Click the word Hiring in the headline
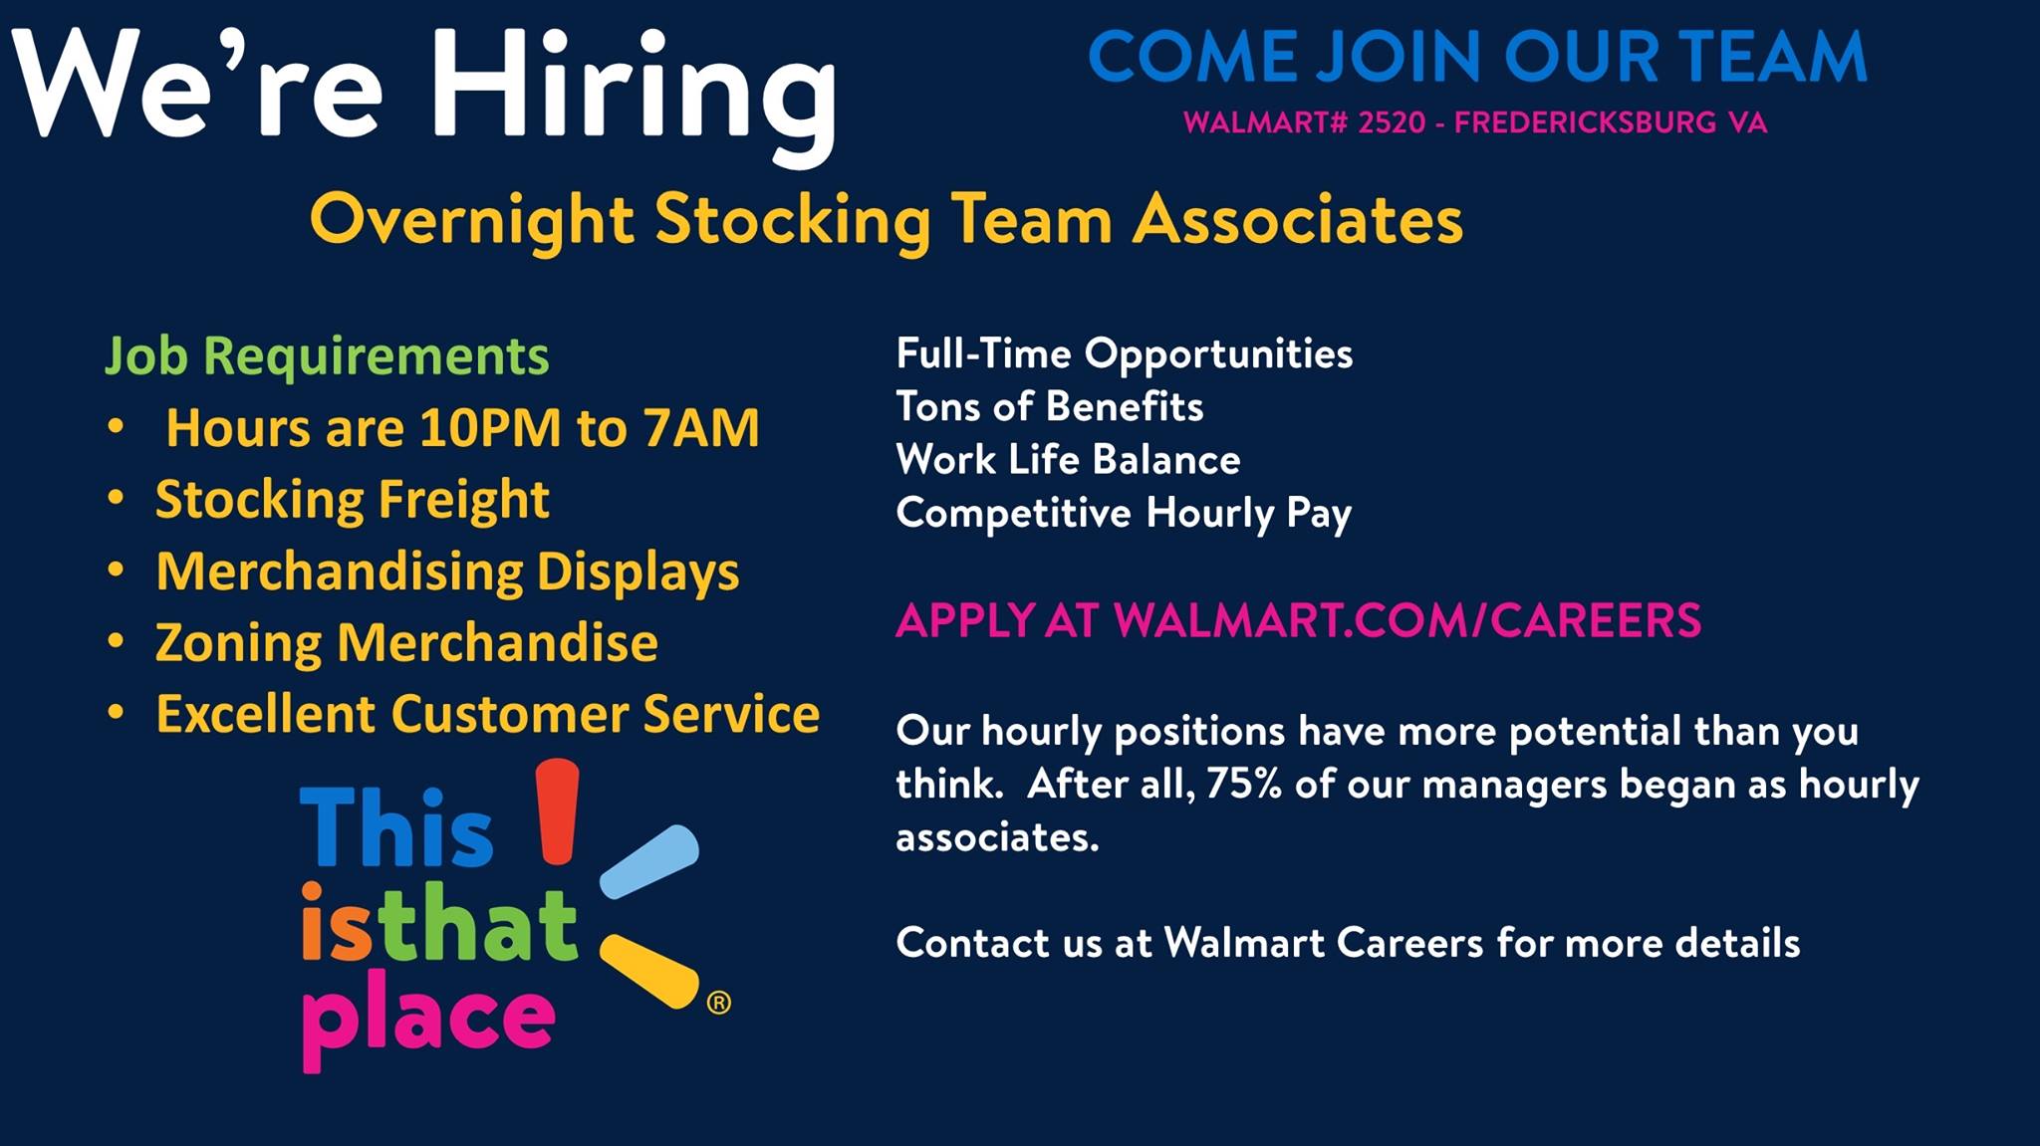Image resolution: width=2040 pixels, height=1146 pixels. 635,96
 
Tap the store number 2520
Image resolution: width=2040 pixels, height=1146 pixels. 1392,122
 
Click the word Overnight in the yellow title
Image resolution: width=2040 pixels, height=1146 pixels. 472,221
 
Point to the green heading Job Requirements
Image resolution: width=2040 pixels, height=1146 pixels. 327,356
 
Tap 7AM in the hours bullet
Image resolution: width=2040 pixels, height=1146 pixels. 701,428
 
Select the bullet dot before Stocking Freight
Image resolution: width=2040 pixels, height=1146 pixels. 117,498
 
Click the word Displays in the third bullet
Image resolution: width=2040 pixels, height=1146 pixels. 638,572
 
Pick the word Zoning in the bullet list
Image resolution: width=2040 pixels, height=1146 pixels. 238,643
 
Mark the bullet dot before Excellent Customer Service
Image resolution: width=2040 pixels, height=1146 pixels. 117,713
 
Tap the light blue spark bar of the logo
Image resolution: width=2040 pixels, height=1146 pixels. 649,861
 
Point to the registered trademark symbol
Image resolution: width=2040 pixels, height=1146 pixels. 718,1003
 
